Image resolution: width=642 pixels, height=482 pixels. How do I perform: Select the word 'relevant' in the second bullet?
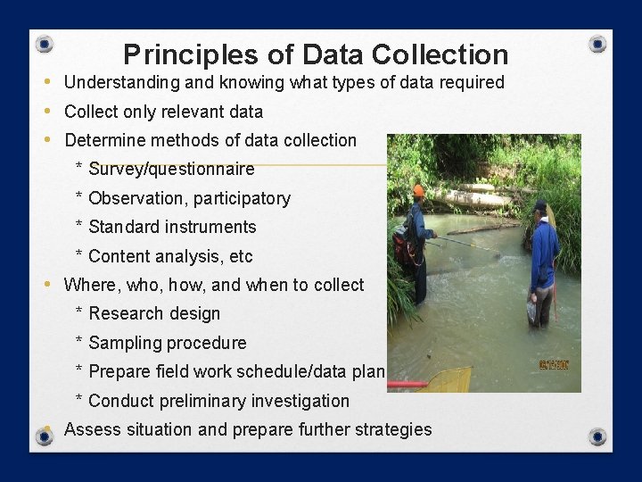point(200,112)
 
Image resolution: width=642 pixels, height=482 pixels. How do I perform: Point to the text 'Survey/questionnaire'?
point(171,169)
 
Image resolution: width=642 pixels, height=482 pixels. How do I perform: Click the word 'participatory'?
point(242,198)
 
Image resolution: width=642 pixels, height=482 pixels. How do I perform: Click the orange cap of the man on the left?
point(418,191)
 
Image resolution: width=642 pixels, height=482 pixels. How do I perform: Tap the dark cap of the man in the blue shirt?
point(539,206)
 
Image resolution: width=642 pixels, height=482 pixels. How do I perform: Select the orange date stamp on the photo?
point(554,365)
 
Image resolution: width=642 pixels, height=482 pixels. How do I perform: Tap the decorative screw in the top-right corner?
point(597,44)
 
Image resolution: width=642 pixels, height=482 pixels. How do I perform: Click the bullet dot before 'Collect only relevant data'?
point(46,112)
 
